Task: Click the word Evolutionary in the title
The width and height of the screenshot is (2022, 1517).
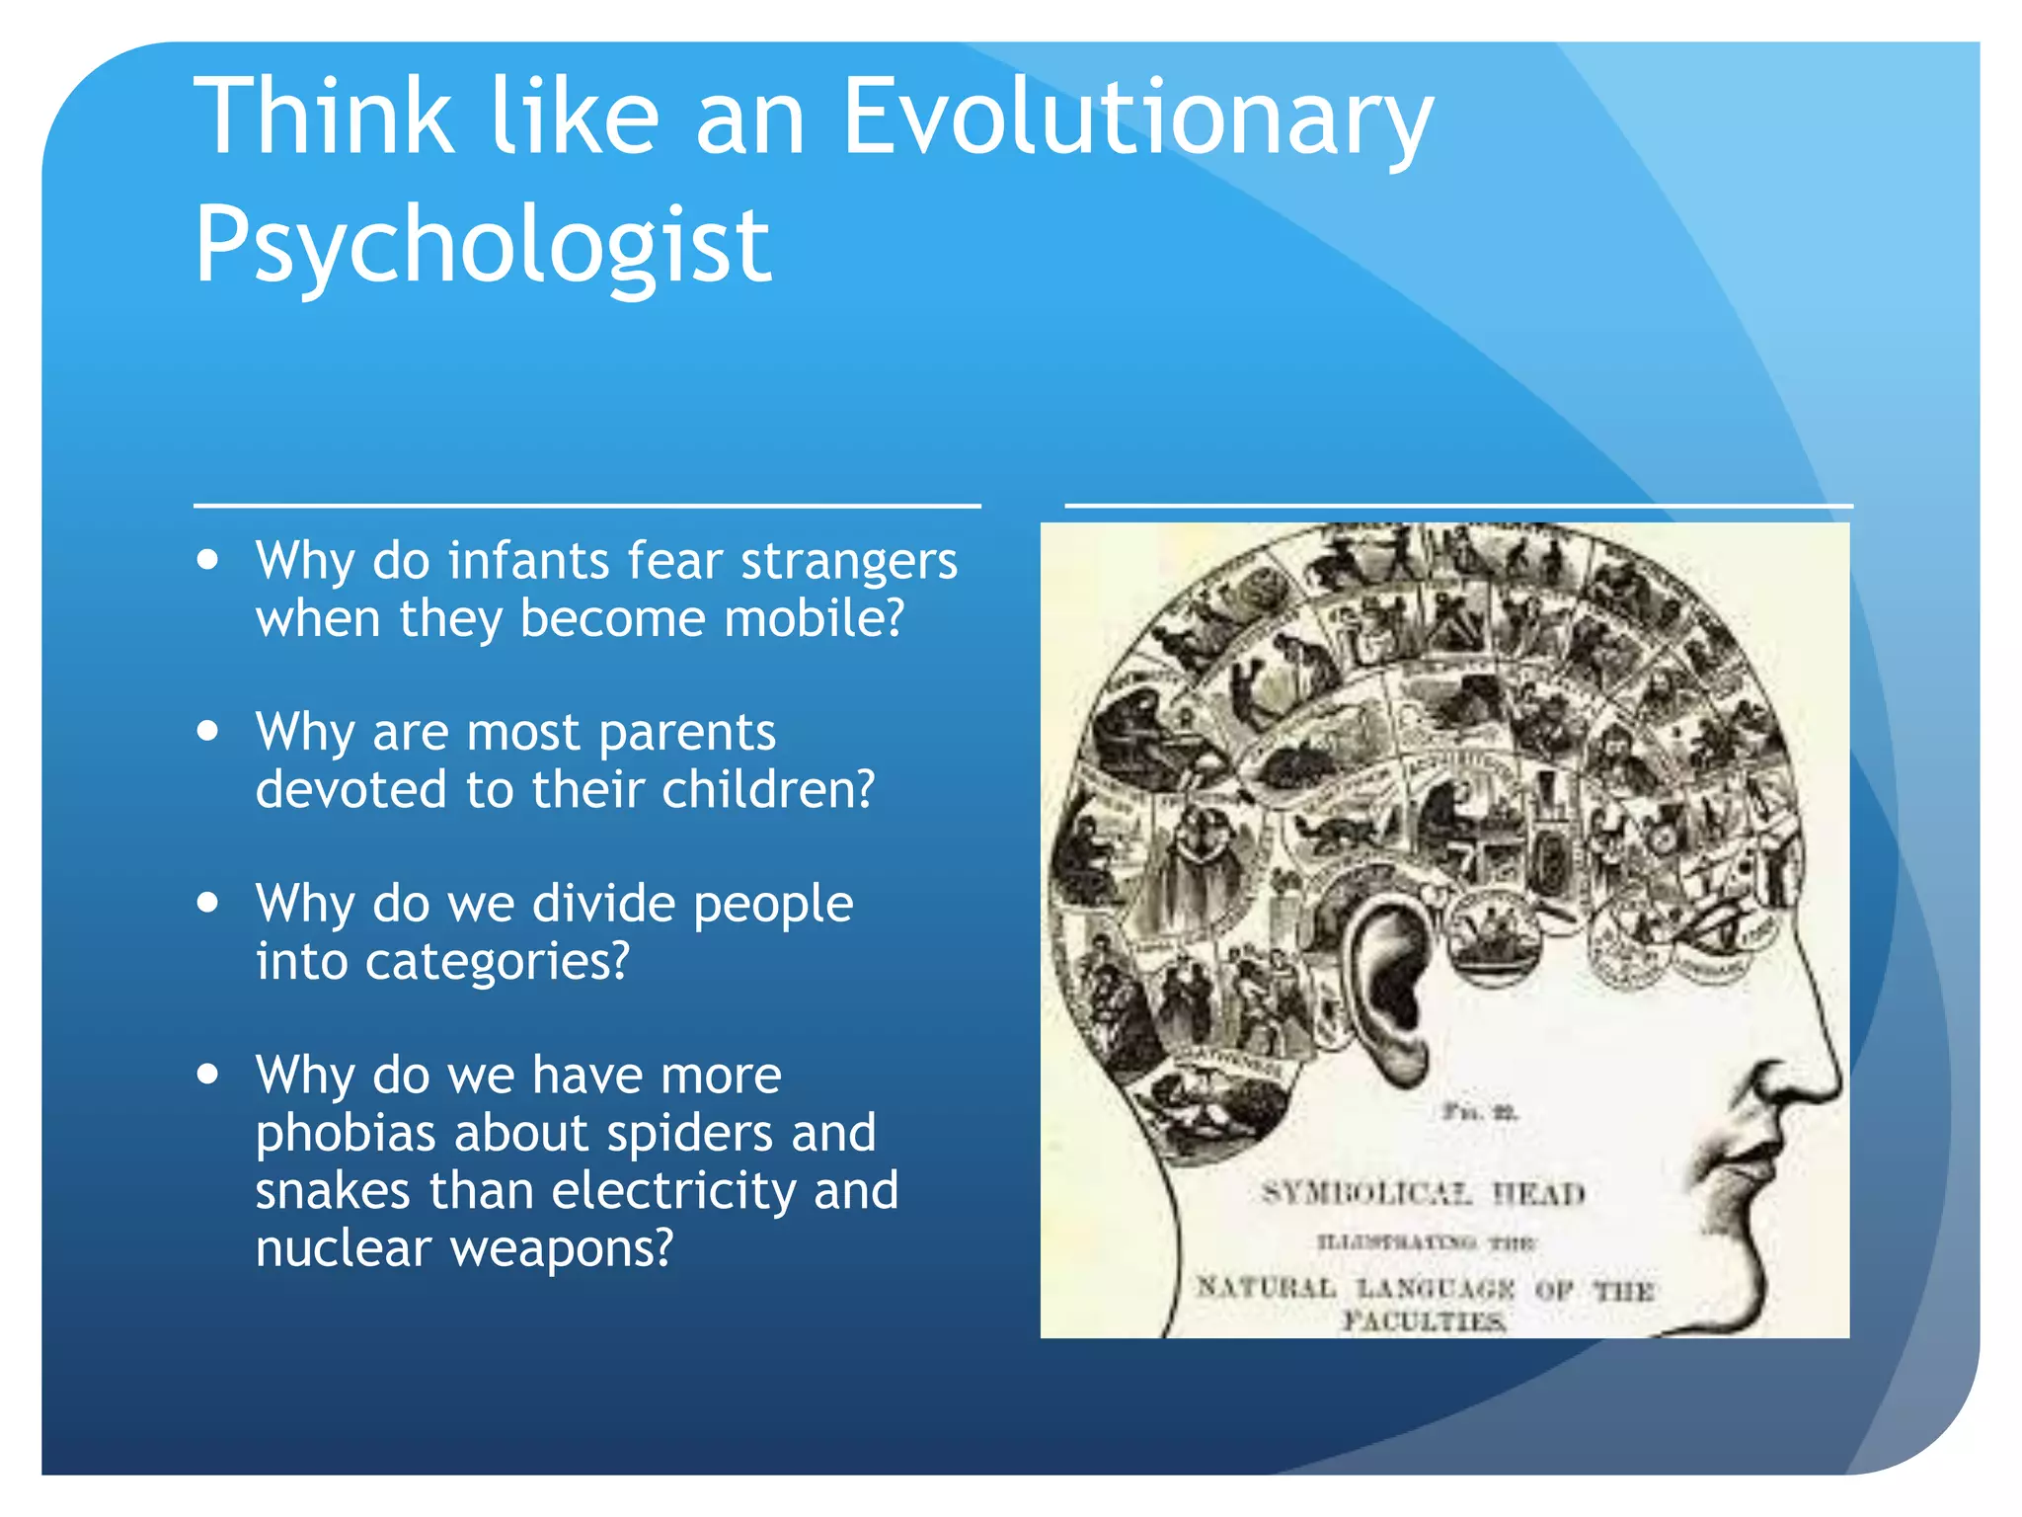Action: [1135, 119]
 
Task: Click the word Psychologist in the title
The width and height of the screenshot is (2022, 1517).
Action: [482, 245]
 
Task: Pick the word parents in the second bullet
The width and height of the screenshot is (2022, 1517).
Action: [687, 733]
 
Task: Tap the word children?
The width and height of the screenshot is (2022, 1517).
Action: [768, 790]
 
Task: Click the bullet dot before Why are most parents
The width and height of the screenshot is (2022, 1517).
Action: [207, 731]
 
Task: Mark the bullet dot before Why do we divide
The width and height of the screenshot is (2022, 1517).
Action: [207, 902]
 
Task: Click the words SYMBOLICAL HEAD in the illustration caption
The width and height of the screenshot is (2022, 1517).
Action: [1423, 1194]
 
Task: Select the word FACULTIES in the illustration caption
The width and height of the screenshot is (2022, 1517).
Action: [1423, 1320]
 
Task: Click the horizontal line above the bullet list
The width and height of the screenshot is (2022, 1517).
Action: [586, 506]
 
